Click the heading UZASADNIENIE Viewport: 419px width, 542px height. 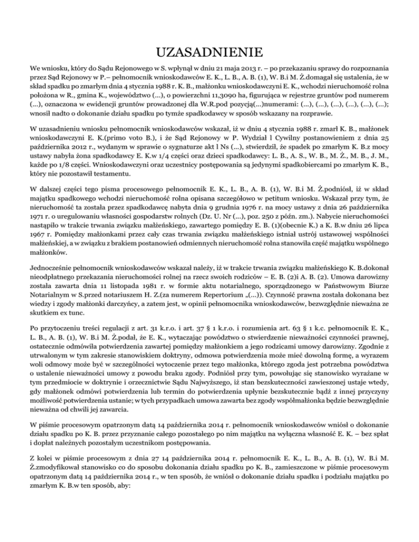[209, 53]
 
